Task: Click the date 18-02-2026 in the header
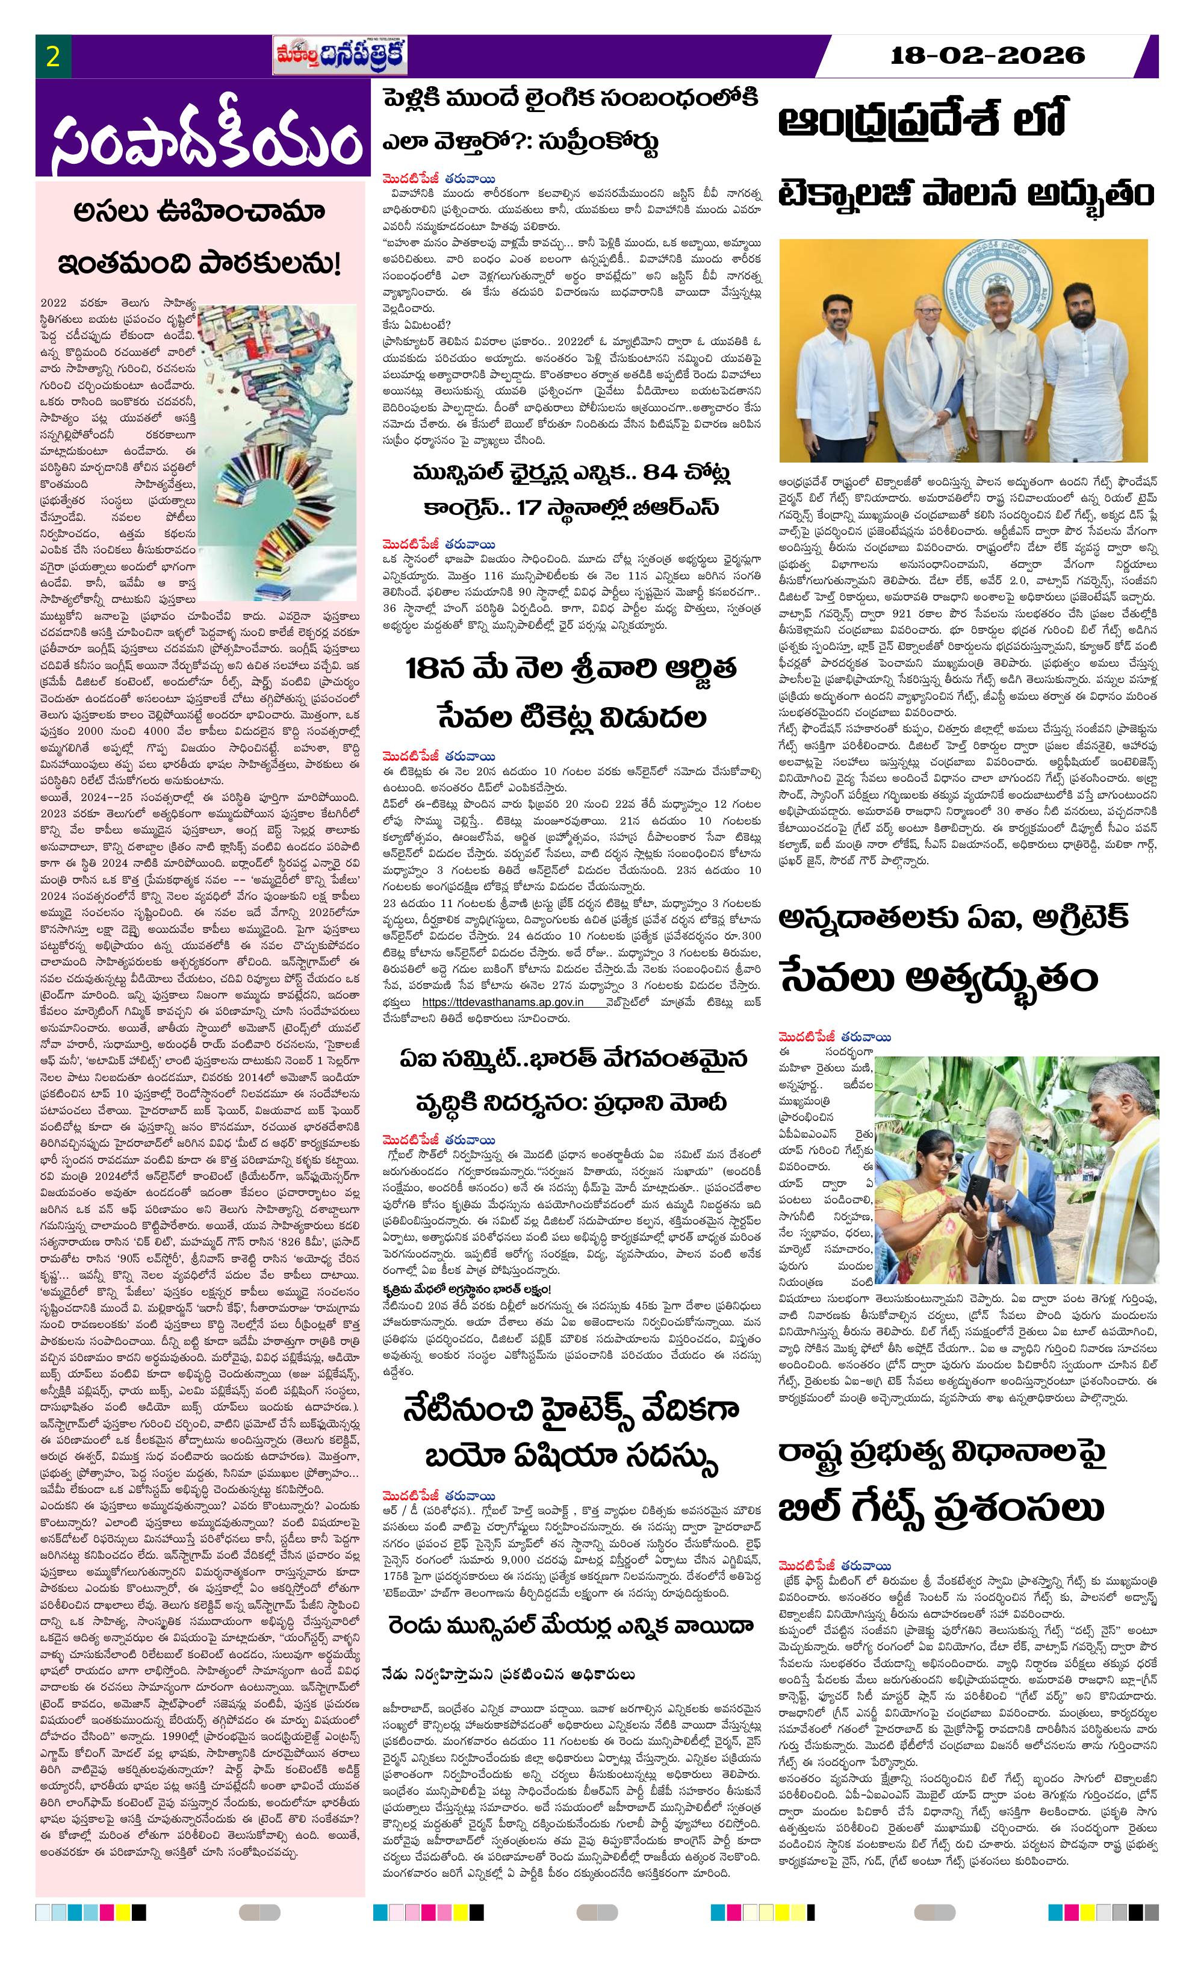pyautogui.click(x=988, y=55)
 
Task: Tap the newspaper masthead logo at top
pyautogui.click(x=340, y=56)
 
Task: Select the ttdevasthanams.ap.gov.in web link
pyautogui.click(x=503, y=1002)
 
